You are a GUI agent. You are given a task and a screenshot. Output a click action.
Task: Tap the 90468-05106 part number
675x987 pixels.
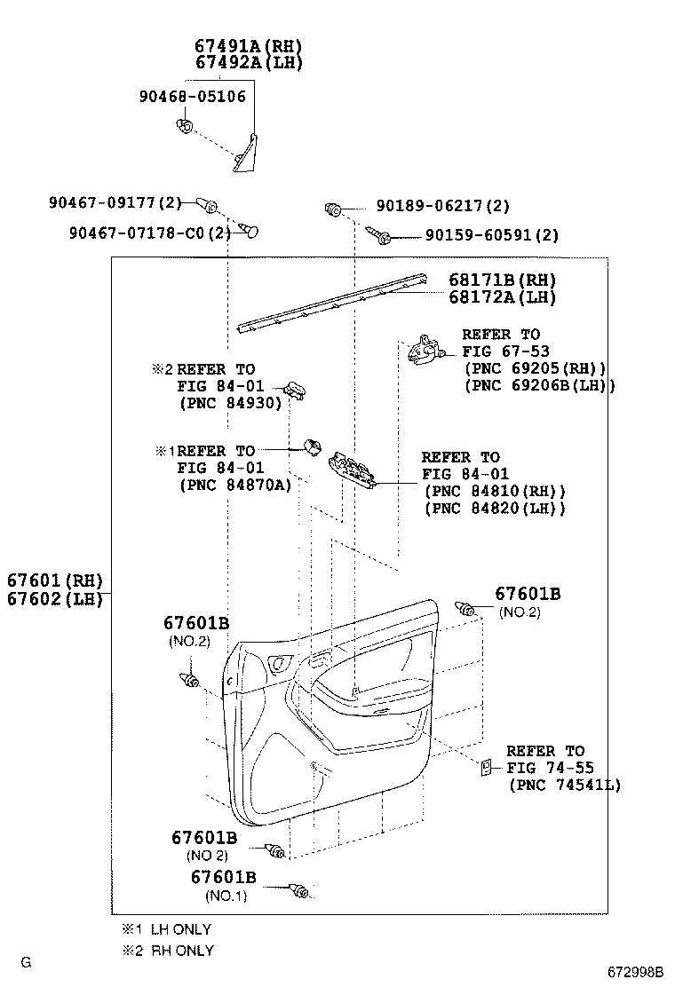pos(192,97)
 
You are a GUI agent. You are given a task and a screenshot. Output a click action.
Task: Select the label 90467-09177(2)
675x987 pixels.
pos(115,203)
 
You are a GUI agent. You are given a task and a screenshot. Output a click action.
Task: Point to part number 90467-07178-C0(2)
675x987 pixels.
pos(149,233)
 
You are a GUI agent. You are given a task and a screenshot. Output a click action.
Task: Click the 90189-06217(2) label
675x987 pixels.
pos(442,206)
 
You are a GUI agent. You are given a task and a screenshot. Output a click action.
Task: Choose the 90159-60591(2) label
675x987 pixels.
pos(491,235)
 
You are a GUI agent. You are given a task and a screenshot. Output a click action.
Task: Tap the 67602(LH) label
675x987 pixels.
pos(55,599)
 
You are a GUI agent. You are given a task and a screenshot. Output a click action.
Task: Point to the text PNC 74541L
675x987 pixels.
pos(565,785)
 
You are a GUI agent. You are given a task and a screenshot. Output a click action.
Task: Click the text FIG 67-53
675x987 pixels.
pos(501,351)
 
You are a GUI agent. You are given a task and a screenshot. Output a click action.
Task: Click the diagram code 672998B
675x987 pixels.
pos(635,971)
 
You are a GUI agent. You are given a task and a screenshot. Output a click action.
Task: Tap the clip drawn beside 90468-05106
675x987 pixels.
pos(185,126)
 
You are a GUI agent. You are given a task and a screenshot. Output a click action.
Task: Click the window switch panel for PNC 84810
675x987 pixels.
pos(353,471)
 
